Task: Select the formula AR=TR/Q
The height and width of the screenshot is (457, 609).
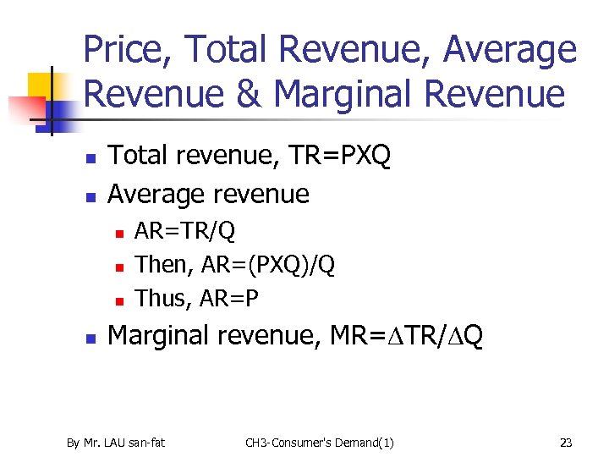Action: point(185,230)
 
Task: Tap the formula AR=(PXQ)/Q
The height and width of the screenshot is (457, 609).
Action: point(266,265)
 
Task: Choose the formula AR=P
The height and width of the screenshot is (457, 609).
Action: point(228,299)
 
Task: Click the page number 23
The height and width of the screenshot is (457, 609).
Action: point(566,442)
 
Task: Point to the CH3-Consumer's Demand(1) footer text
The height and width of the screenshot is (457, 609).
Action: point(319,442)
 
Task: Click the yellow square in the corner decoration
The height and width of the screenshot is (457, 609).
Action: point(41,85)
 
